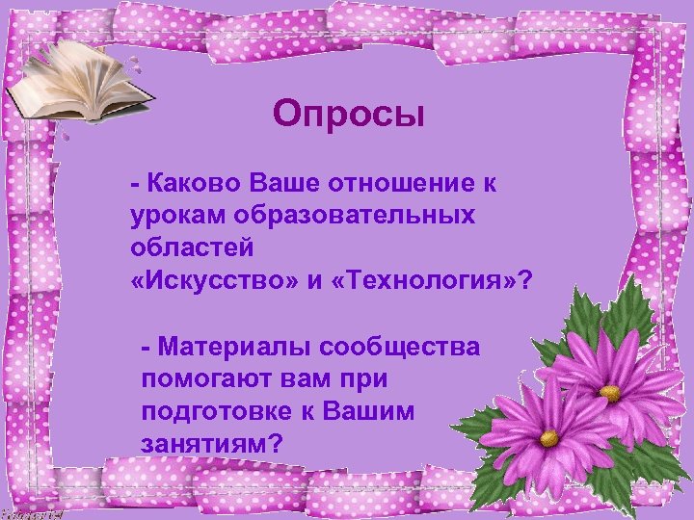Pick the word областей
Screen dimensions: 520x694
coord(192,247)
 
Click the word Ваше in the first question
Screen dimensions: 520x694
coord(287,182)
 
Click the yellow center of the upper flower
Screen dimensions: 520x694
coord(609,393)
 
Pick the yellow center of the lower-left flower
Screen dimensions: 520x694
coord(548,438)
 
